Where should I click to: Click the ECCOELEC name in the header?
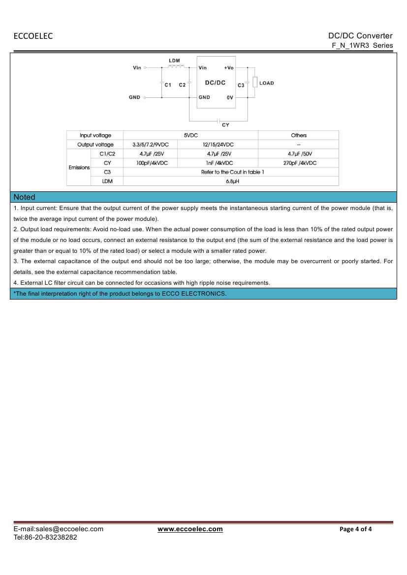click(x=33, y=36)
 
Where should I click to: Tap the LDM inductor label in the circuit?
click(x=174, y=61)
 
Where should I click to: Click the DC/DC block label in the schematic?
click(x=215, y=83)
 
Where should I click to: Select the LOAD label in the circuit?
click(x=266, y=83)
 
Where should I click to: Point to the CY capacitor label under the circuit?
click(x=225, y=125)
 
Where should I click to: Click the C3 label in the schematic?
click(x=241, y=86)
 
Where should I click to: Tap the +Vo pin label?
click(x=229, y=67)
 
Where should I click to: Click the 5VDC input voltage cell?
click(x=190, y=135)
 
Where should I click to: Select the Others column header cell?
click(x=298, y=135)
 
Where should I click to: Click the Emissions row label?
click(x=79, y=168)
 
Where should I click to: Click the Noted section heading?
click(x=25, y=197)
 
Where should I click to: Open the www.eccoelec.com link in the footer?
click(x=190, y=529)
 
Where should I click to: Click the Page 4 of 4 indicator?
click(x=356, y=529)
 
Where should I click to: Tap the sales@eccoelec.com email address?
click(x=69, y=529)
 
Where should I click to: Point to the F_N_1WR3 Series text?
click(x=362, y=45)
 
